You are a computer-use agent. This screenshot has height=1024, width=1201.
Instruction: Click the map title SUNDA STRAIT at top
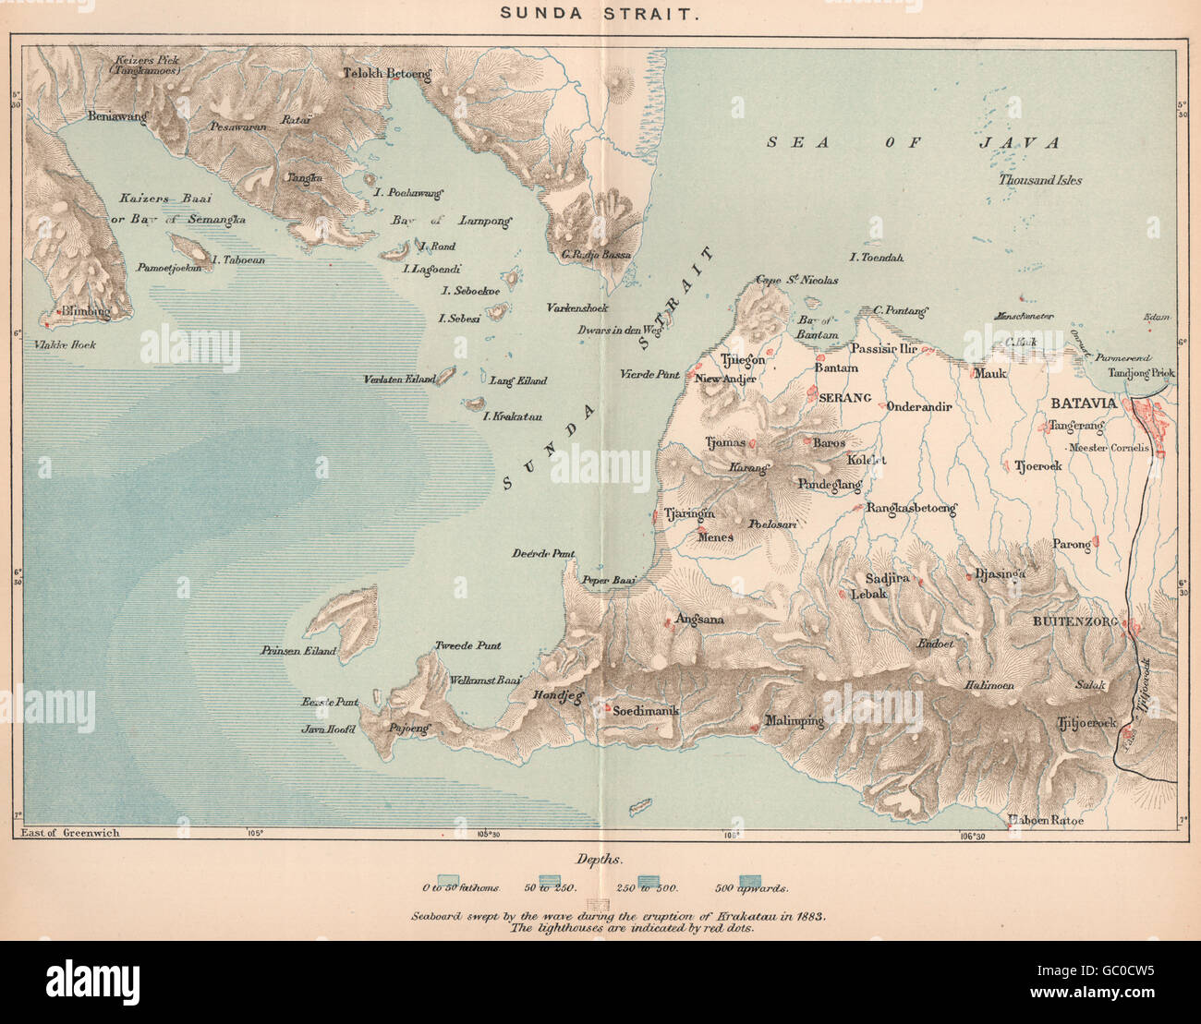[600, 15]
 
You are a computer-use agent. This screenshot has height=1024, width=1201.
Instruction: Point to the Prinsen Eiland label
[298, 651]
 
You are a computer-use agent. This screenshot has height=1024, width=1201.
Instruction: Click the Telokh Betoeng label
[387, 74]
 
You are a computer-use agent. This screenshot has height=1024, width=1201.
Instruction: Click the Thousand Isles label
[1039, 180]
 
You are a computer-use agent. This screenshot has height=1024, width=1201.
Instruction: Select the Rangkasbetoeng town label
[911, 508]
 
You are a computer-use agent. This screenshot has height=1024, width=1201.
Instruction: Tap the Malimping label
[795, 721]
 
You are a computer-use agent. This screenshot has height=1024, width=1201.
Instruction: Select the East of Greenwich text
[69, 832]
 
